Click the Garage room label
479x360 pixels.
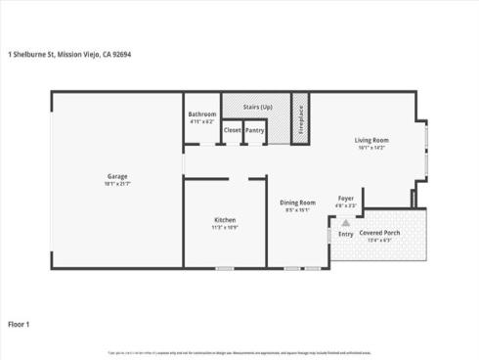(117, 177)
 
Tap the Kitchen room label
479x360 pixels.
(226, 221)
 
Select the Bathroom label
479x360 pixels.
(201, 114)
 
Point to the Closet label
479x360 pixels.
(232, 130)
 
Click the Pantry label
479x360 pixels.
(255, 130)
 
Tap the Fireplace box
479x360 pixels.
(301, 118)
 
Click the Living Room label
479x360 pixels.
(371, 141)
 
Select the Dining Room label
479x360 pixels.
(297, 202)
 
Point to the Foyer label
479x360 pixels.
(346, 199)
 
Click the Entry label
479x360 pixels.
(346, 234)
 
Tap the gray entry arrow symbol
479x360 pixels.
(345, 223)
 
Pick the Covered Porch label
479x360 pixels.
(379, 233)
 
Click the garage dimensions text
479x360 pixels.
(117, 184)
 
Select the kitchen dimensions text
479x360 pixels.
(226, 228)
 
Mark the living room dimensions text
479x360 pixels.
(371, 148)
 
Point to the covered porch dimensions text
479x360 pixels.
(379, 240)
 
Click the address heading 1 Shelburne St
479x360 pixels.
(68, 55)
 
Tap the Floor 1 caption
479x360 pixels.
(20, 323)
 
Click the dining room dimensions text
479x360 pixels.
(297, 209)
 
